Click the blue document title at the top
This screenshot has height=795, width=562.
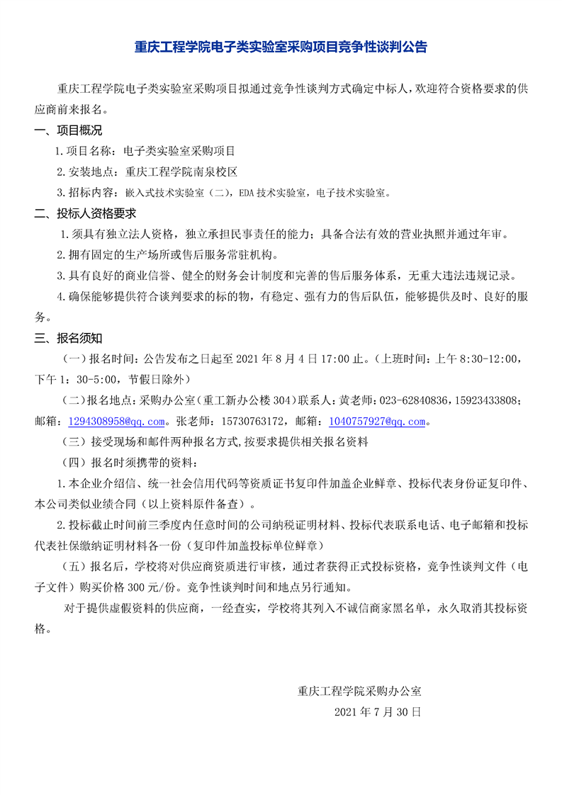point(281,47)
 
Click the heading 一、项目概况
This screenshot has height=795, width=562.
point(69,130)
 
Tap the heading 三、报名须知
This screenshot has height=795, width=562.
point(69,337)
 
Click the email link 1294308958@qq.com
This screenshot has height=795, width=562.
point(117,422)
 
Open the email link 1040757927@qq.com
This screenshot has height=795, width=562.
point(376,422)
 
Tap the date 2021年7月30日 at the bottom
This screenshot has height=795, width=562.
point(378,711)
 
